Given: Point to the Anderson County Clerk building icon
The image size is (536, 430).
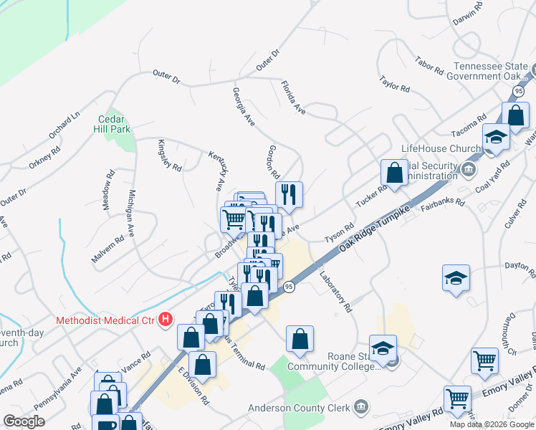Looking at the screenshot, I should (x=360, y=408).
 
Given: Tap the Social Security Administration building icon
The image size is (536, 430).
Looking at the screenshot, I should (x=469, y=170).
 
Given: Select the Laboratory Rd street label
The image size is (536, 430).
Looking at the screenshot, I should (x=336, y=292).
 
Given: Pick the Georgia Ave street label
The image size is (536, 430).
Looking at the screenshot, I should (x=244, y=107).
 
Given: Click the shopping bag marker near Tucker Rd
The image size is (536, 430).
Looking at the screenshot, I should (x=394, y=173).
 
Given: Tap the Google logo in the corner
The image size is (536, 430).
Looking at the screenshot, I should (x=24, y=421).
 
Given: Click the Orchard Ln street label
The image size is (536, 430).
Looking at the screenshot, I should (x=64, y=125).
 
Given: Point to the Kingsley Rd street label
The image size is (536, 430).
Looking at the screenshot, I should (x=170, y=156).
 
